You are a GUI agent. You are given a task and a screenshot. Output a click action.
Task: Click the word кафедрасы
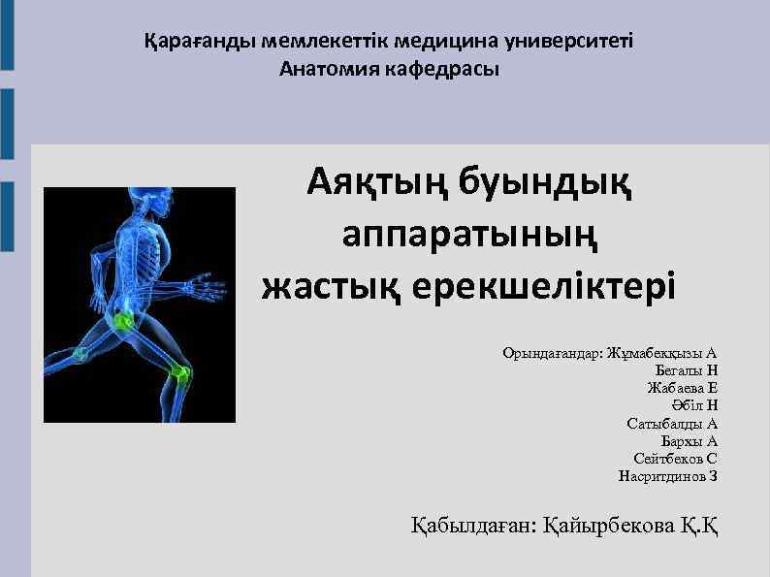[x=443, y=69]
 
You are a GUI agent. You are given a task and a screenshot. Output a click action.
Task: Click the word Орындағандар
[x=552, y=352]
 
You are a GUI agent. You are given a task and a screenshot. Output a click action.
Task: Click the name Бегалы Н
[x=687, y=369]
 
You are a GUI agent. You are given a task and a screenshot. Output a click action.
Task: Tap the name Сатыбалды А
[x=673, y=423]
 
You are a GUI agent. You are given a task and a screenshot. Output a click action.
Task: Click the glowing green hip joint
[x=123, y=320]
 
